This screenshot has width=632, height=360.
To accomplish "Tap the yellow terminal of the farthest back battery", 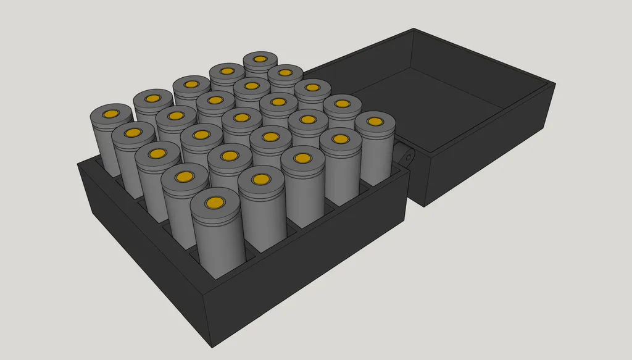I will pos(260,60).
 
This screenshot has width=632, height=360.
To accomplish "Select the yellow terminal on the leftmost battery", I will pos(111,114).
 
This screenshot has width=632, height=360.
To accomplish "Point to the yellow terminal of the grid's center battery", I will pos(241,117).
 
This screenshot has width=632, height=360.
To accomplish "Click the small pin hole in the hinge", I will pos(408,157).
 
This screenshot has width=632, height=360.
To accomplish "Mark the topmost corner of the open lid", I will pos(412,28).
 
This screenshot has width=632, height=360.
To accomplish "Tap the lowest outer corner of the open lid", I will pos(425,206).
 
